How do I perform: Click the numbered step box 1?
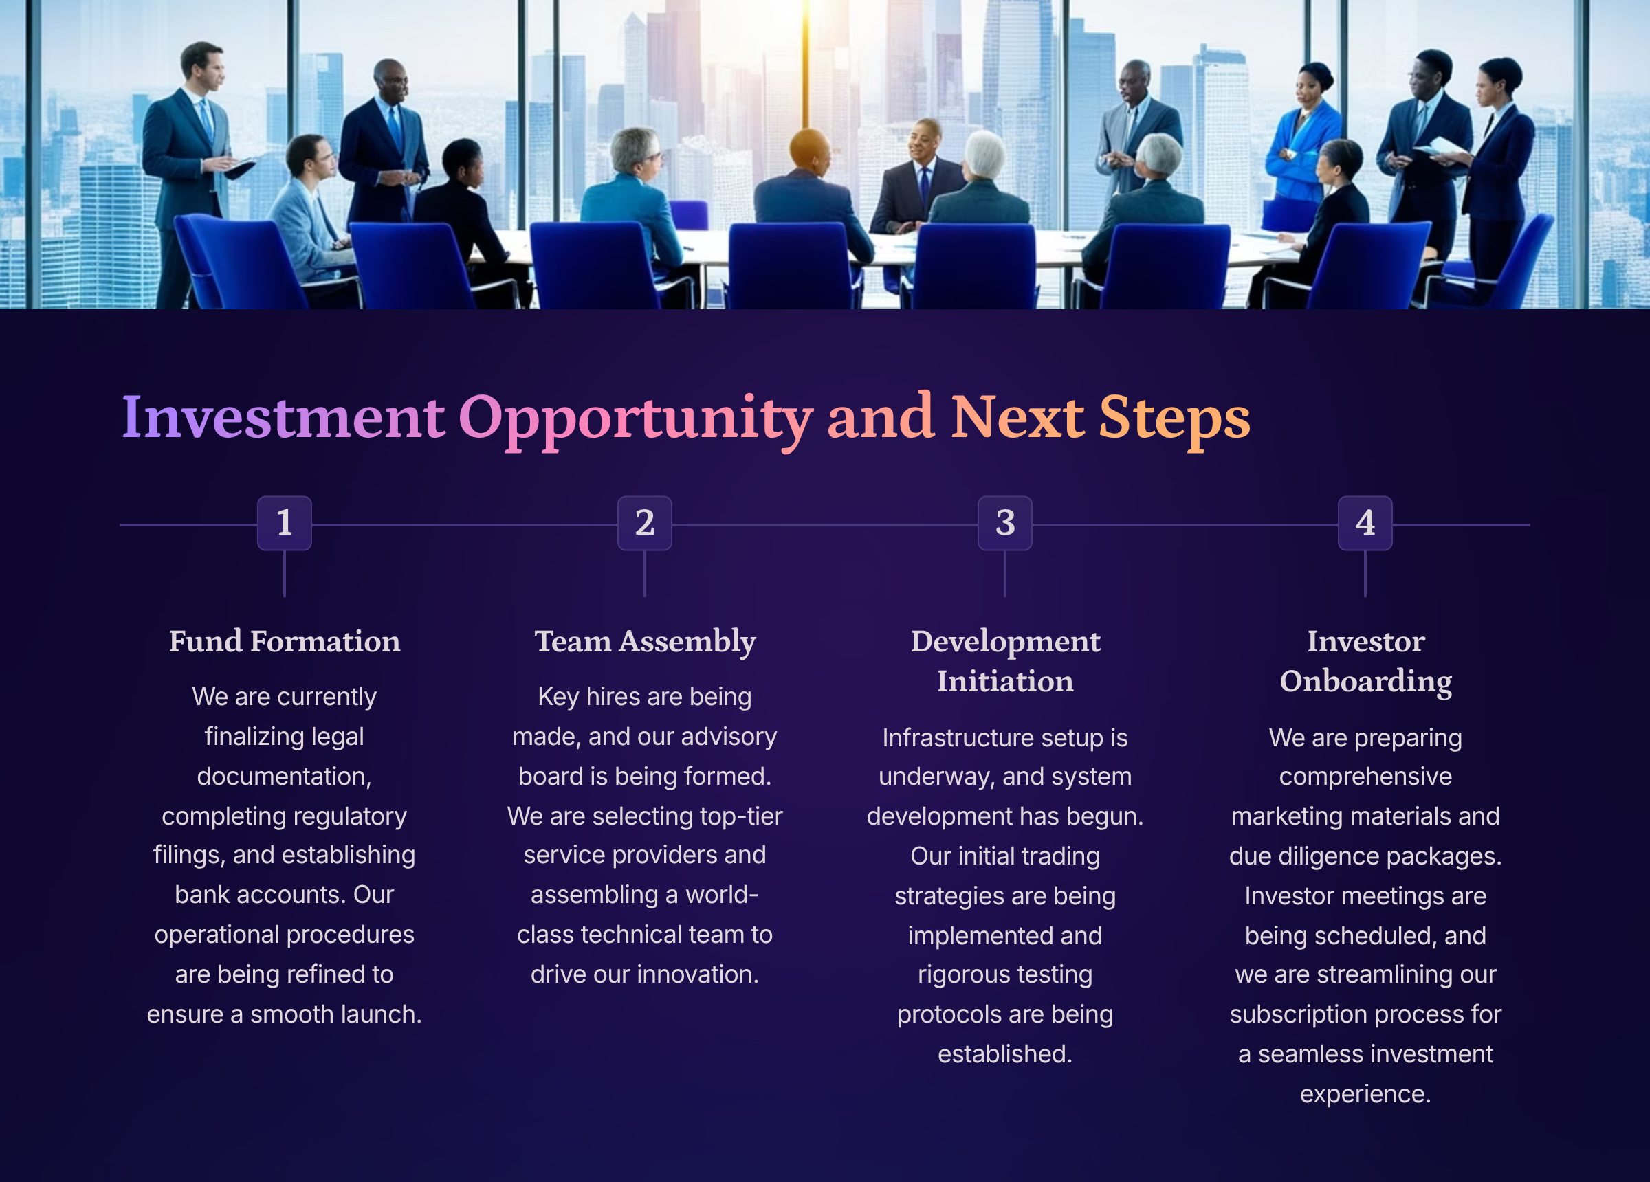tap(285, 523)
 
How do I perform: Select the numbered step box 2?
tap(645, 523)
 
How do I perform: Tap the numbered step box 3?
tap(1004, 523)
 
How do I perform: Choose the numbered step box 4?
tap(1365, 523)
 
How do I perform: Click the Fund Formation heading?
tap(285, 641)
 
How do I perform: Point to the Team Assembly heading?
tap(645, 643)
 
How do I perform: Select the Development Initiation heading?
tap(1004, 660)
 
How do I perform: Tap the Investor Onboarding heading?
tap(1365, 662)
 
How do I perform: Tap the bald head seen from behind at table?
tap(809, 149)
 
